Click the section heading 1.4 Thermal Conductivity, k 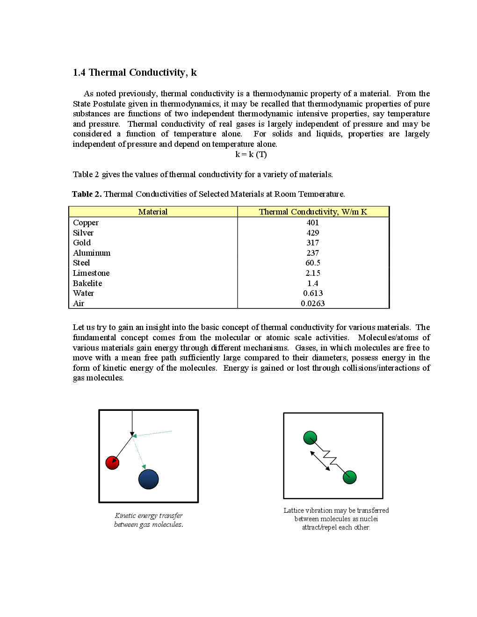point(135,72)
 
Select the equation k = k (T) point(251,154)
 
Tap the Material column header point(153,212)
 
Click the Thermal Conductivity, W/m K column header point(313,212)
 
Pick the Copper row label point(86,222)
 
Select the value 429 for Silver point(313,233)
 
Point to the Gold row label point(82,243)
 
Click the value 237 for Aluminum point(313,253)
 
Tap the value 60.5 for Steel point(313,263)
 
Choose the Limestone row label point(91,273)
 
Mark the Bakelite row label point(87,283)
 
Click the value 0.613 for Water point(313,293)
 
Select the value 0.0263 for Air point(313,303)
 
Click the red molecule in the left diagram point(112,463)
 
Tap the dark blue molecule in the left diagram point(149,479)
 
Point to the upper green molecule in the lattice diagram point(310,438)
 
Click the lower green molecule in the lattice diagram point(350,477)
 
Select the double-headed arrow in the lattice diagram point(320,461)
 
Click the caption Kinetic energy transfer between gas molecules point(149,520)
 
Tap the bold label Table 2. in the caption point(87,194)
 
